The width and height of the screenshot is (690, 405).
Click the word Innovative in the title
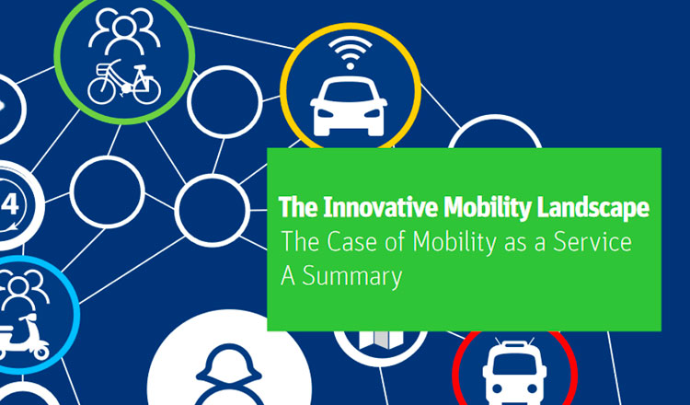pos(383,207)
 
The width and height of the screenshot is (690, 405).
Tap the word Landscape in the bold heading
pos(592,208)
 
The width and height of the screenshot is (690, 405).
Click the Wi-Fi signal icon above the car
pos(351,52)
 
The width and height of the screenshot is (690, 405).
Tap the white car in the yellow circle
pos(349,106)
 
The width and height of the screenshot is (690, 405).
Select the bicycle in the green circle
pos(123,82)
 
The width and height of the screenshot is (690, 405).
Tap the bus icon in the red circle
pos(514,373)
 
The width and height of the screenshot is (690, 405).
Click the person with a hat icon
pos(229,375)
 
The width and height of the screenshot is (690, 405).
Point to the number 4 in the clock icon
pos(10,204)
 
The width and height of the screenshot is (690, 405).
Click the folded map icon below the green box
pos(382,339)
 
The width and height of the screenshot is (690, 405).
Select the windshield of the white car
pos(349,92)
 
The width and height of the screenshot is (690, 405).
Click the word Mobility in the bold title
pos(488,208)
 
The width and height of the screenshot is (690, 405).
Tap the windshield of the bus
pos(514,364)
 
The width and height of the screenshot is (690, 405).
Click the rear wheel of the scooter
pos(41,353)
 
